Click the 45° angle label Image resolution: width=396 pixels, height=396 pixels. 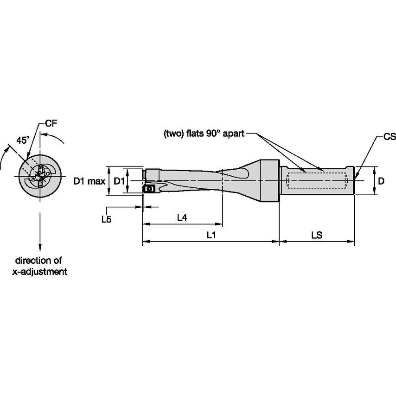(23, 140)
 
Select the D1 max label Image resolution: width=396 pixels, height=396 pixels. (89, 181)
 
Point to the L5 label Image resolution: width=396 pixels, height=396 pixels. (106, 220)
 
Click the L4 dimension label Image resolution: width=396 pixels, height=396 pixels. (182, 217)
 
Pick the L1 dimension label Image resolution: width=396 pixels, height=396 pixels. (211, 235)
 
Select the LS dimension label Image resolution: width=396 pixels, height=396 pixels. (317, 235)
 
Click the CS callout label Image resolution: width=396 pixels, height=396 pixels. (389, 137)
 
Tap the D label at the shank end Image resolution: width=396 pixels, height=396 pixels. (381, 181)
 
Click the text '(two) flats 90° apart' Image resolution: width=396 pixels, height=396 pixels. (202, 134)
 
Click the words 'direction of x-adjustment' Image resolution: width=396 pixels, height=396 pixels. (39, 266)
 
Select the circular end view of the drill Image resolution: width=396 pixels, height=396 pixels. (39, 176)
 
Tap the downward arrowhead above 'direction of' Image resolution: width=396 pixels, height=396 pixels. (40, 248)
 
